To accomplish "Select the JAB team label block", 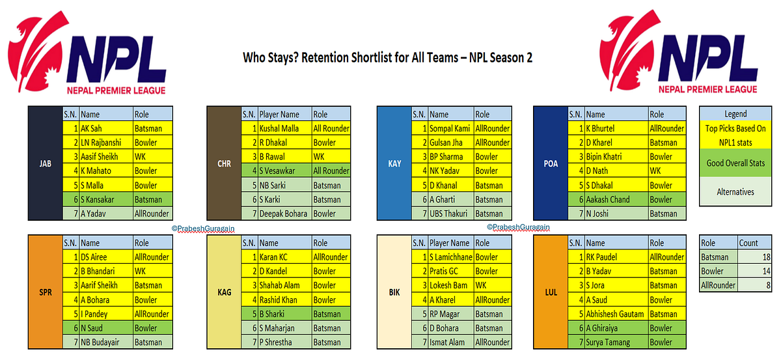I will click(45, 163).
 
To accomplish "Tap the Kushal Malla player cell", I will click(284, 128).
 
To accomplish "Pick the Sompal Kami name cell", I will click(450, 128).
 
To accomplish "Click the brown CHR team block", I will click(223, 163).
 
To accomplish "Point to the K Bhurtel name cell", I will click(616, 128).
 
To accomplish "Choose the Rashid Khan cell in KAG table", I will click(284, 299).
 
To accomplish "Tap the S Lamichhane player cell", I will click(450, 256).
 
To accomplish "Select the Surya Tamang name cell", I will click(616, 342).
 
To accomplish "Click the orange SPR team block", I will click(45, 292).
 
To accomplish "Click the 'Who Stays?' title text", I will click(387, 57).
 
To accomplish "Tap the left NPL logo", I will click(88, 57).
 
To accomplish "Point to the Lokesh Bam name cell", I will click(450, 285).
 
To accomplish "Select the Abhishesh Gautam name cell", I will click(616, 314).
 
